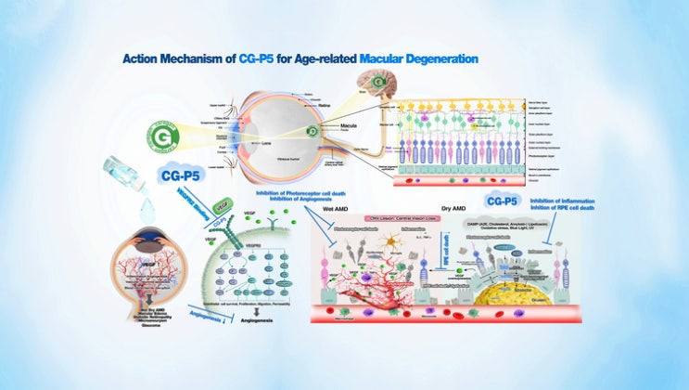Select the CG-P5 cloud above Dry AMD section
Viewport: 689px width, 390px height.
coord(502,201)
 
